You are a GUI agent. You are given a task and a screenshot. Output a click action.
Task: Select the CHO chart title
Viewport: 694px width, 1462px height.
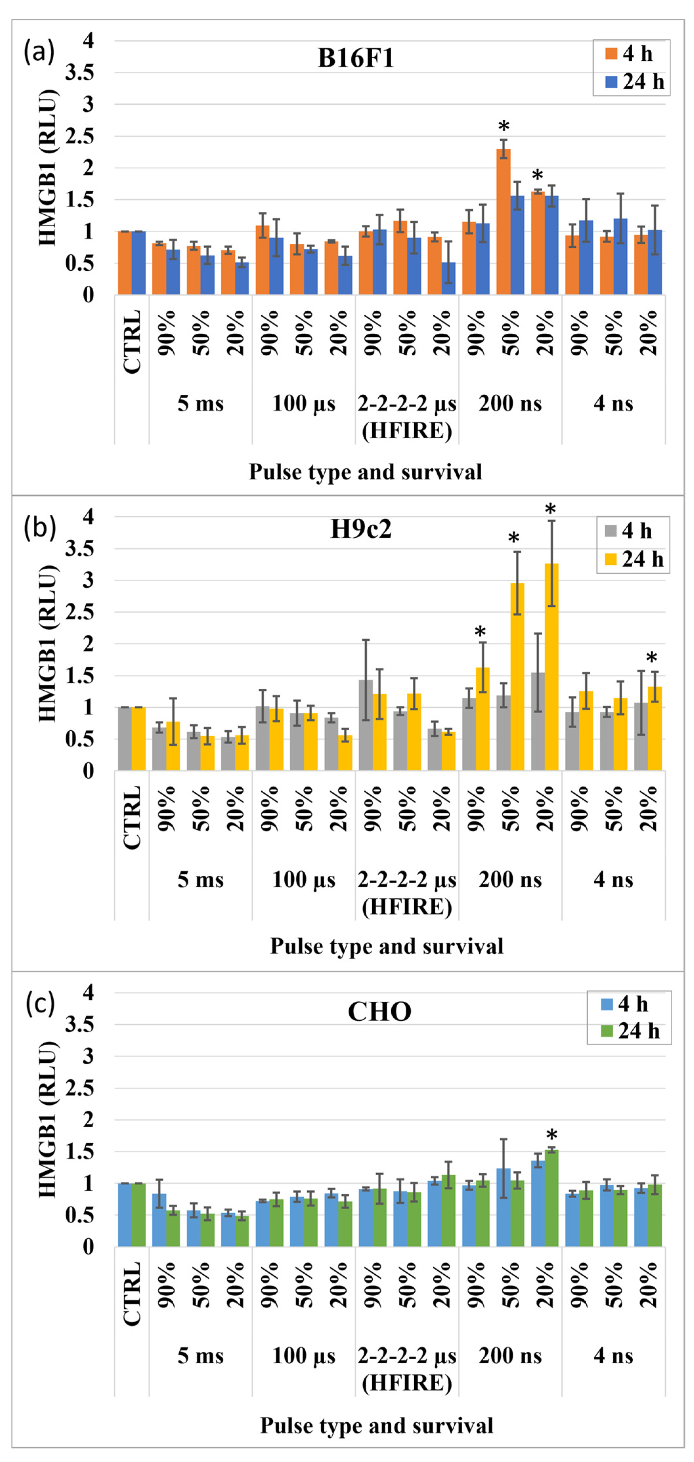click(380, 1012)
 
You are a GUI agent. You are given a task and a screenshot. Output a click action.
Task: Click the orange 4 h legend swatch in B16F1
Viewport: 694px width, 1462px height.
click(611, 54)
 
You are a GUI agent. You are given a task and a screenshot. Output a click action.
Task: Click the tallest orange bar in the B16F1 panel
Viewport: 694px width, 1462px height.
click(504, 221)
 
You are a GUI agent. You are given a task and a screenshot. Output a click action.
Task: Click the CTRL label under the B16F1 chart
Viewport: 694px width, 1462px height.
click(132, 342)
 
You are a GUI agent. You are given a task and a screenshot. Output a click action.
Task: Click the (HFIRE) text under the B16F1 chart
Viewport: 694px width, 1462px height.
click(407, 431)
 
